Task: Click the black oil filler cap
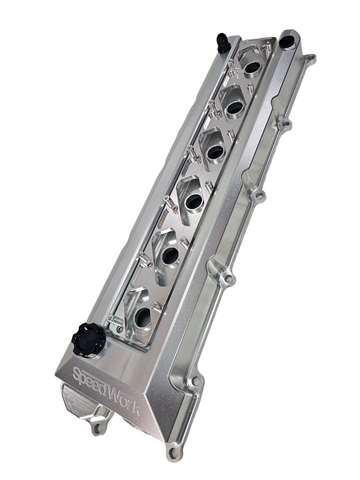pyautogui.click(x=88, y=340)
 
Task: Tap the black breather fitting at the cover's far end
pyautogui.click(x=222, y=42)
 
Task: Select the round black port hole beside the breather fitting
pyautogui.click(x=287, y=42)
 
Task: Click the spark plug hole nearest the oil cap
pyautogui.click(x=142, y=317)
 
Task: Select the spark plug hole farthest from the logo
pyautogui.click(x=252, y=67)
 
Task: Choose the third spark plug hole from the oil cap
pyautogui.click(x=191, y=200)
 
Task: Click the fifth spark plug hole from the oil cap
pyautogui.click(x=233, y=103)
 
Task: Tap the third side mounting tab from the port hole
pyautogui.click(x=259, y=192)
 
